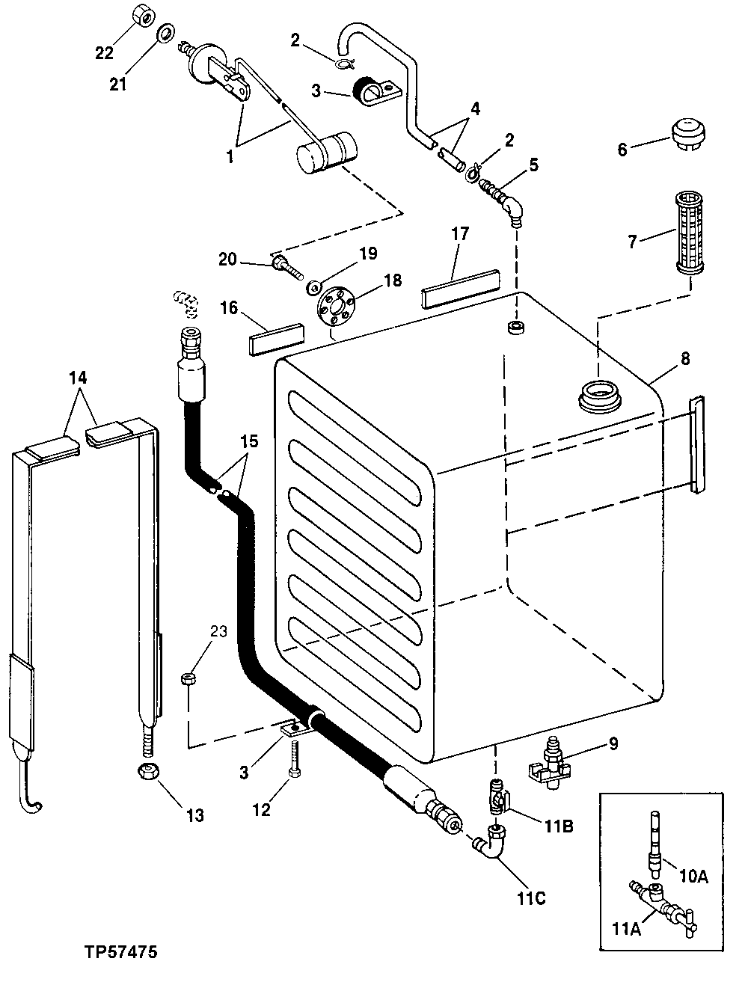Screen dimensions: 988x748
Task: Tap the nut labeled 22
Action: tap(142, 15)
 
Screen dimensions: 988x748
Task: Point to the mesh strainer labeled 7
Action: tap(692, 233)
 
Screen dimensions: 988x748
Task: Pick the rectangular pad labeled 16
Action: tap(276, 338)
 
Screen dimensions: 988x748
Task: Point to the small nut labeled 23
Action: tap(188, 678)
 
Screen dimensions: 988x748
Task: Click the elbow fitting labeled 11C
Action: tap(493, 841)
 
